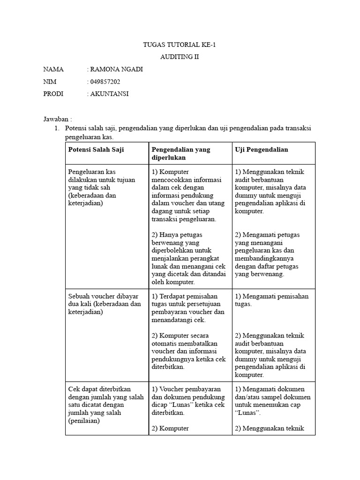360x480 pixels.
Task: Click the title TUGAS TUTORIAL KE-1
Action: click(180, 45)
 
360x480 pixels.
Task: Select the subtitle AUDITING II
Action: click(180, 57)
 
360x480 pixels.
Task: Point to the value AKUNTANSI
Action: click(109, 94)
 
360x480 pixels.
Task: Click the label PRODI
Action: click(53, 94)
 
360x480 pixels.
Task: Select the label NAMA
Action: click(53, 69)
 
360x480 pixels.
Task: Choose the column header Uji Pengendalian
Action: click(262, 150)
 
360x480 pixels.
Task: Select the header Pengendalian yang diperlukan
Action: click(181, 153)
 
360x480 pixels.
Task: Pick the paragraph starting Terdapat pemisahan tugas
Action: click(188, 308)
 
